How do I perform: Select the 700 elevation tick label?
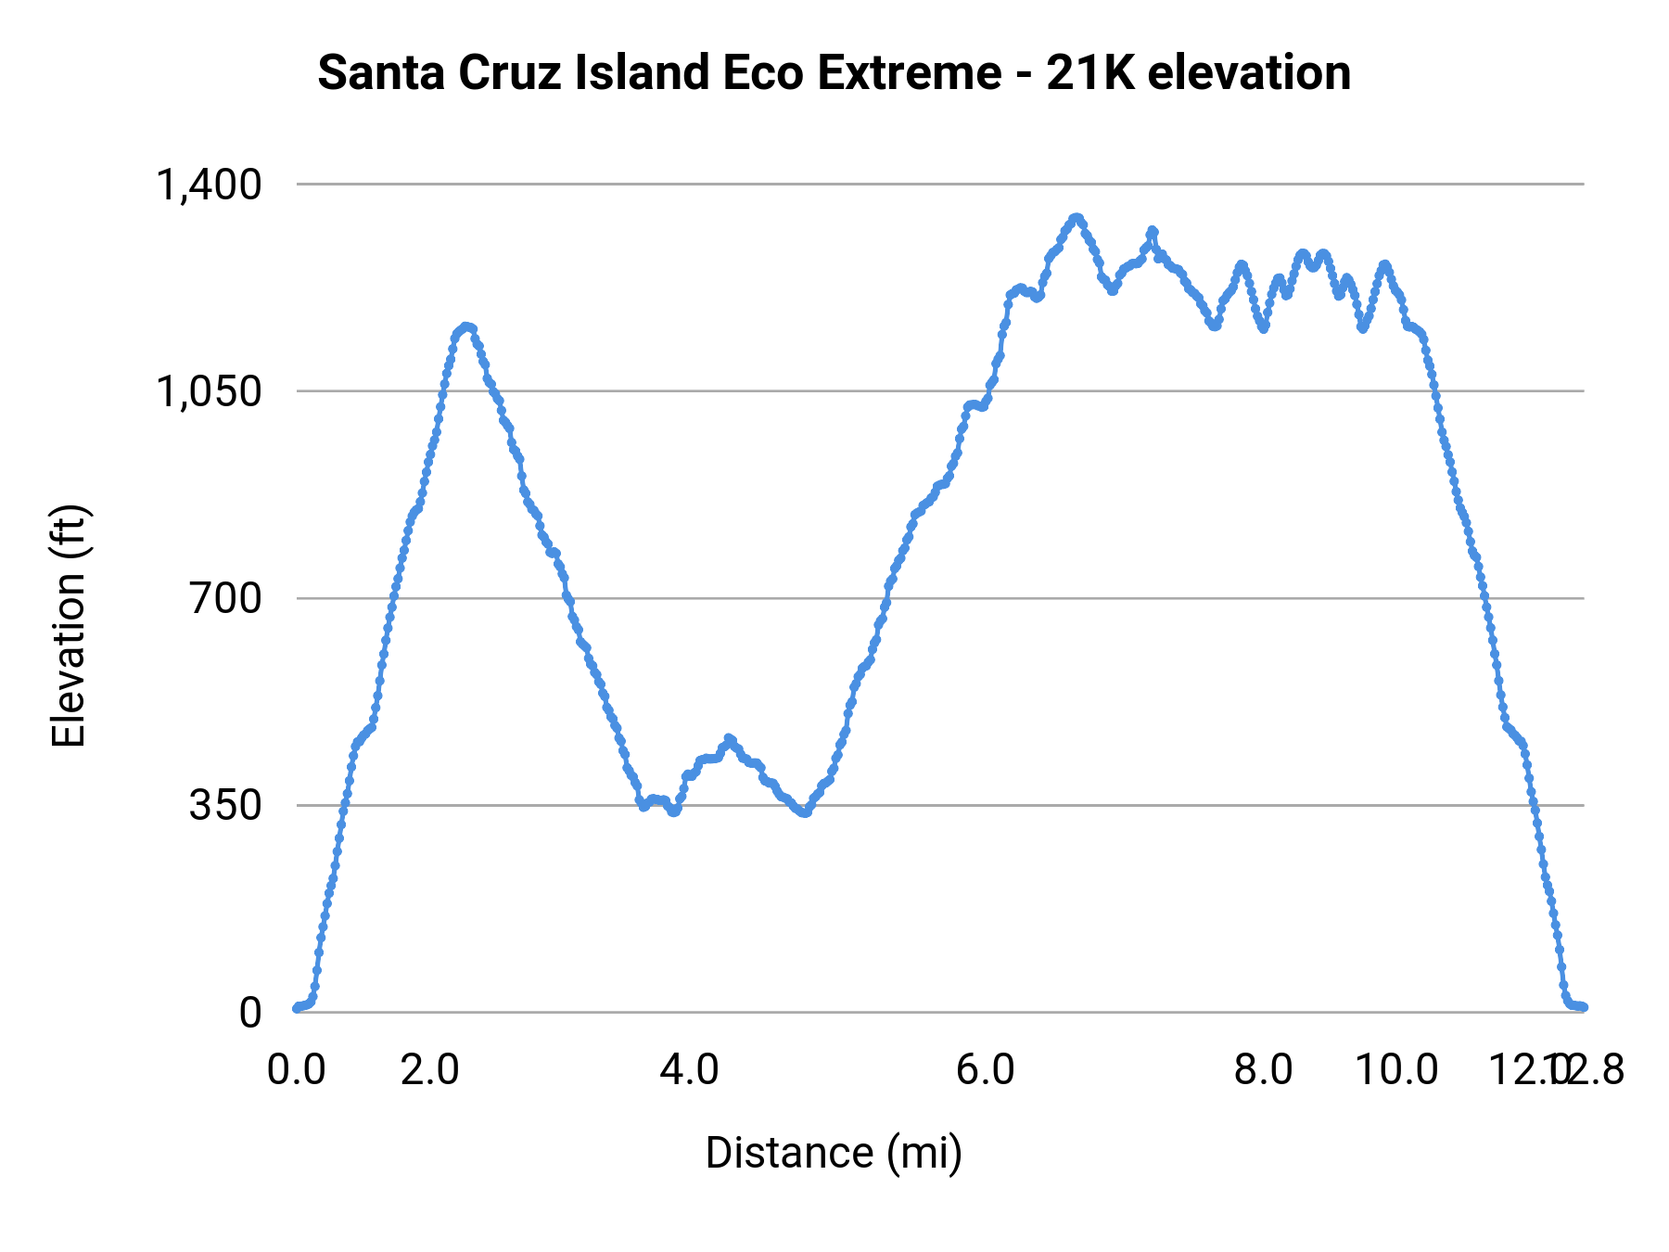coord(226,598)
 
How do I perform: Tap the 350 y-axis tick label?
coord(226,805)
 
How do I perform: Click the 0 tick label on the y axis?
coord(250,1012)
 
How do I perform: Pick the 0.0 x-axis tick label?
coord(297,1069)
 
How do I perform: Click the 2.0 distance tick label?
coord(430,1069)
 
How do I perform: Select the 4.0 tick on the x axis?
coord(689,1069)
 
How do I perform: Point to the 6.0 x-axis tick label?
coord(986,1069)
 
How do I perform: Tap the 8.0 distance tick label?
coord(1264,1069)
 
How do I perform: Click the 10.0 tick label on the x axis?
coord(1396,1069)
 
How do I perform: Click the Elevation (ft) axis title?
coord(69,626)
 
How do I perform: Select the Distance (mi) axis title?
coord(834,1153)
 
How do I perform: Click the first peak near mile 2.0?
coord(466,326)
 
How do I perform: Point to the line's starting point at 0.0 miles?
coord(297,1008)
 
